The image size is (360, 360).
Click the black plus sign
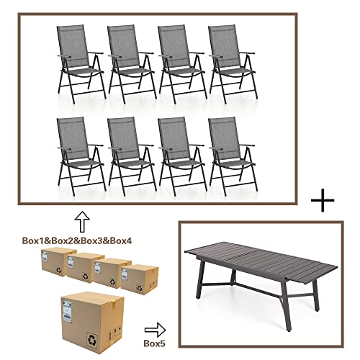coord(323,200)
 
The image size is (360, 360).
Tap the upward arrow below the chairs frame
coord(82,222)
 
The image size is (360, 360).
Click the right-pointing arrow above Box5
coord(155,330)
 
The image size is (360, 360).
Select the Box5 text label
coord(155,343)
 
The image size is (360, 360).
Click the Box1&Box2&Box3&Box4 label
coord(77,240)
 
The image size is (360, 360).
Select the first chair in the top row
coord(81,64)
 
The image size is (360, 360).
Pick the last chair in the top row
coord(233,64)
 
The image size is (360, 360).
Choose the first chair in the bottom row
coord(81,156)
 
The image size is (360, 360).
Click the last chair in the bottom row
coord(233,156)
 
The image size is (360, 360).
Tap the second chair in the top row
coord(132,64)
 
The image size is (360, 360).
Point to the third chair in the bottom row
coord(182,156)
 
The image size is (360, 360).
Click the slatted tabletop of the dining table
coord(261,261)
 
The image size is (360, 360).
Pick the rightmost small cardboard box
coord(140,277)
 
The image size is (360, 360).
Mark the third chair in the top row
coord(182,64)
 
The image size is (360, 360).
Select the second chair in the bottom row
coord(132,156)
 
